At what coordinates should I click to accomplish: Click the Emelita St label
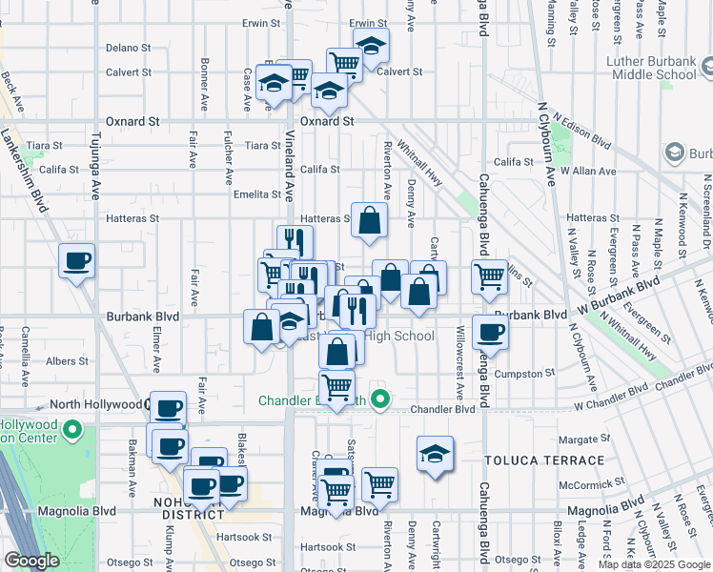[x=255, y=194]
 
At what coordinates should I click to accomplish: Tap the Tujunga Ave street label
[x=95, y=178]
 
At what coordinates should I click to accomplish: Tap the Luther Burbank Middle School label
[x=651, y=68]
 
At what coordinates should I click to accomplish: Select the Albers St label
[x=68, y=361]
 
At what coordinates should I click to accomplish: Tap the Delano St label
[x=129, y=47]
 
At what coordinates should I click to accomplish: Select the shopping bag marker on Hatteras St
[x=370, y=220]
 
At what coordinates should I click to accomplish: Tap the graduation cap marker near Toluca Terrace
[x=435, y=453]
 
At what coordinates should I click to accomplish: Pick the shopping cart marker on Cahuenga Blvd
[x=489, y=276]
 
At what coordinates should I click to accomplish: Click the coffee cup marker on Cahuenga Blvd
[x=490, y=332]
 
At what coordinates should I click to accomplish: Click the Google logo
[x=32, y=561]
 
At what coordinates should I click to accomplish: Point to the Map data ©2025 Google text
[x=653, y=564]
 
